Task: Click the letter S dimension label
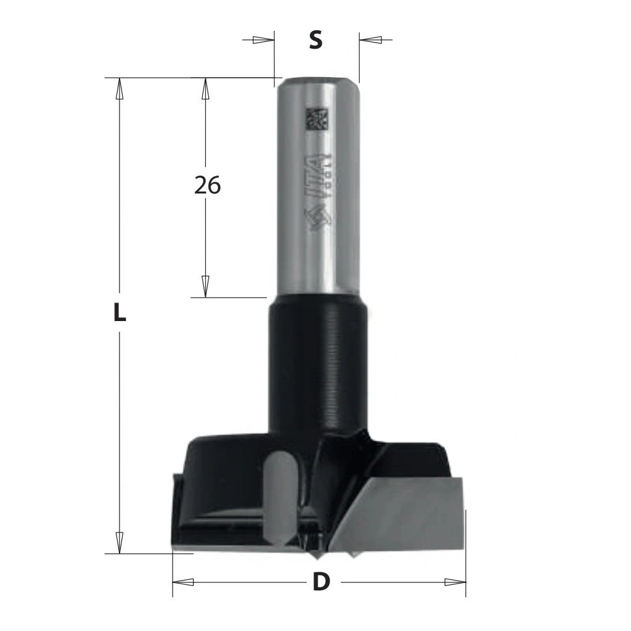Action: [315, 41]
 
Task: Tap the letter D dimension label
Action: [319, 582]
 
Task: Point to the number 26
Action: [206, 185]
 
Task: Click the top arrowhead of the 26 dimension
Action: [206, 89]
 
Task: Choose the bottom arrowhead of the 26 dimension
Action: [206, 286]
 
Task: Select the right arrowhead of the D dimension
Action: [454, 582]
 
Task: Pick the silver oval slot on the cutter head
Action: [278, 493]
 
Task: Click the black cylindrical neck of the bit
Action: [317, 364]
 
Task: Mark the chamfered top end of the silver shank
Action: [317, 81]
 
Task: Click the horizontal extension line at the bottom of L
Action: [148, 553]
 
